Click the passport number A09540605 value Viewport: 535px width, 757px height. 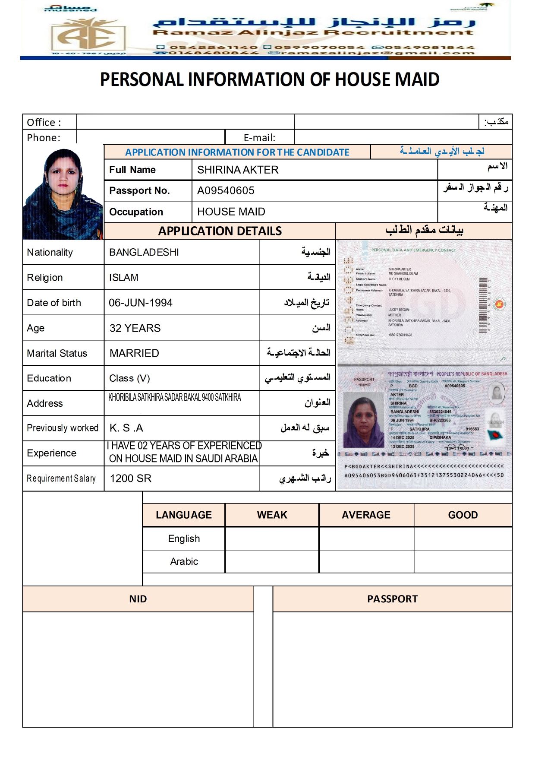pyautogui.click(x=226, y=190)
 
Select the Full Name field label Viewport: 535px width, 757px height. pyautogui.click(x=132, y=170)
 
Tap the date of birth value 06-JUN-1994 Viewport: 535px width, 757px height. pyautogui.click(x=141, y=303)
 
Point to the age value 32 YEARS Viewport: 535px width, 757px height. pyautogui.click(x=135, y=328)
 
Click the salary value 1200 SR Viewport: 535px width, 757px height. pyautogui.click(x=131, y=478)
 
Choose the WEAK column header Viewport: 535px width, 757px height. pyautogui.click(x=272, y=515)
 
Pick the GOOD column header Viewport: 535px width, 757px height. pyautogui.click(x=463, y=515)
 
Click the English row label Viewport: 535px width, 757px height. pyautogui.click(x=184, y=538)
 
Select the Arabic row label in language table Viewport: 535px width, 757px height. pyautogui.click(x=184, y=561)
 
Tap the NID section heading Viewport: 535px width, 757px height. pyautogui.click(x=138, y=599)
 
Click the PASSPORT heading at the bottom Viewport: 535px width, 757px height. pyautogui.click(x=392, y=599)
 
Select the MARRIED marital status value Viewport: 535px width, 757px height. pyautogui.click(x=134, y=353)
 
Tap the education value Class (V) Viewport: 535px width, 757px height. pyautogui.click(x=129, y=378)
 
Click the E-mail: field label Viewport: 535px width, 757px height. pyautogui.click(x=259, y=138)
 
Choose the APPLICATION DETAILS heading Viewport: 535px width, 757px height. pyautogui.click(x=220, y=231)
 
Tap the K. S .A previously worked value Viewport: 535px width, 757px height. pyautogui.click(x=126, y=428)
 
